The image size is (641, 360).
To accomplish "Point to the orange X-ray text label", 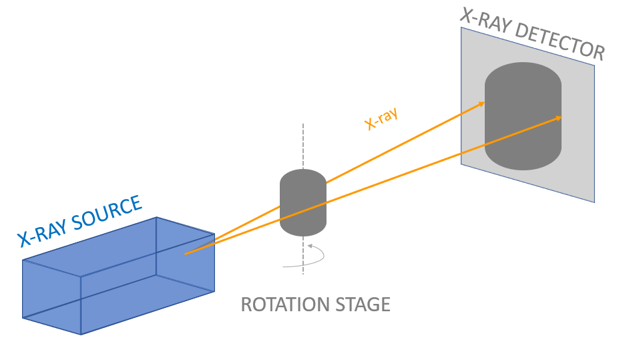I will (x=381, y=119).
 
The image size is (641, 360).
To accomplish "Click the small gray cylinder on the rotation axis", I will (x=302, y=204).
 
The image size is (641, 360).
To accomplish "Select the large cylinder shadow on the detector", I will (x=523, y=117).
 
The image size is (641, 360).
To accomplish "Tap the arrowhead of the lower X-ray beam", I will (x=560, y=118).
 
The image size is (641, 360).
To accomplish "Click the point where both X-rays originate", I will (x=185, y=253).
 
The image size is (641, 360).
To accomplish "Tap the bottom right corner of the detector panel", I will (x=594, y=202).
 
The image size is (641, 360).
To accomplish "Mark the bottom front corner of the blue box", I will (x=81, y=333).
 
